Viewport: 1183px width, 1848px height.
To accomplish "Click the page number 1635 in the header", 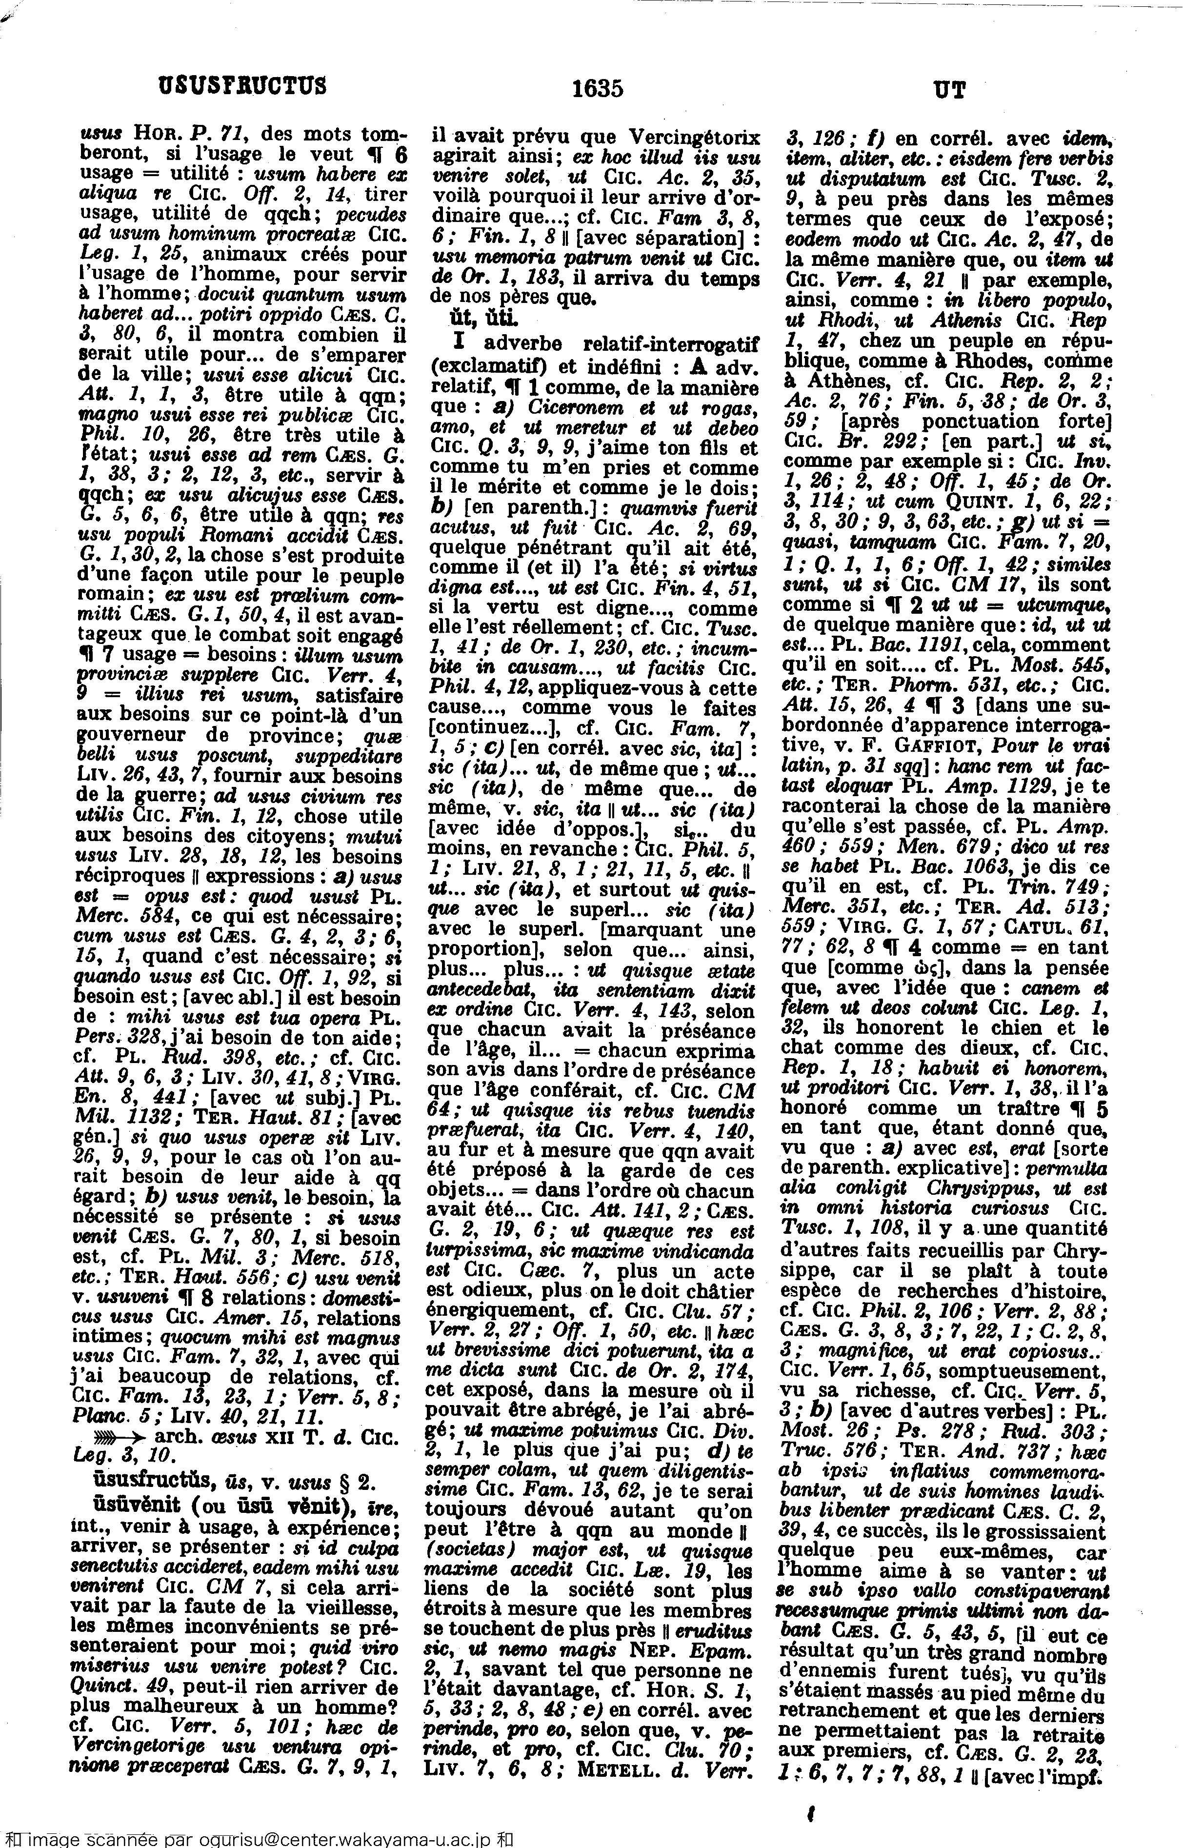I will pyautogui.click(x=597, y=88).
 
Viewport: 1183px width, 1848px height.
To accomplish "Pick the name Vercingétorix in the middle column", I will pyautogui.click(x=695, y=138).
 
